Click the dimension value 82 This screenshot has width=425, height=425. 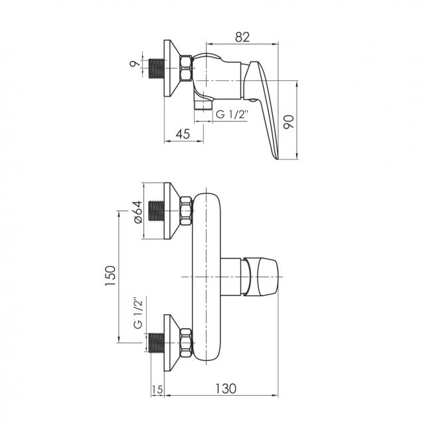tap(242, 37)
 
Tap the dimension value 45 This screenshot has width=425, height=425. tap(183, 134)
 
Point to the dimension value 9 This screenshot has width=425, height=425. tap(135, 64)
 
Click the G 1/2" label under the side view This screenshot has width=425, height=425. tap(232, 115)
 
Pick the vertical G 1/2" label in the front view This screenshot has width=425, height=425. tap(138, 314)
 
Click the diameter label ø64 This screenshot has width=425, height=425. tap(138, 212)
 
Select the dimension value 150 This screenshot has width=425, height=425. tap(111, 276)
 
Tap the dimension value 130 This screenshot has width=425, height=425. tap(226, 388)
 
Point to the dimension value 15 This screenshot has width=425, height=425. tap(157, 390)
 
